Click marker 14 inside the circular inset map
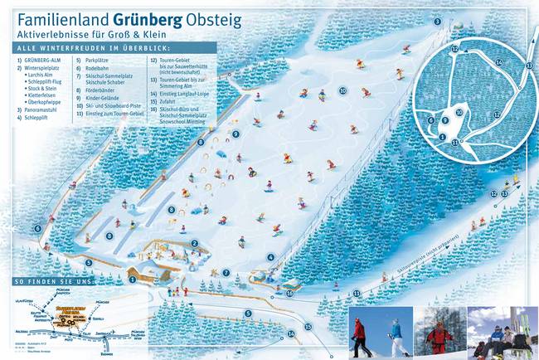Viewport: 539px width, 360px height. [498, 62]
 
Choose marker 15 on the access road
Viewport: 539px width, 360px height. [308, 327]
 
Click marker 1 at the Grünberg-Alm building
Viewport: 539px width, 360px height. [132, 280]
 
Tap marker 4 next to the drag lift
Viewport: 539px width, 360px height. [270, 257]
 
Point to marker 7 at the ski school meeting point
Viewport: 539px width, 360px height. [226, 272]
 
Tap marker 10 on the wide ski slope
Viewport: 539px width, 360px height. [342, 90]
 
